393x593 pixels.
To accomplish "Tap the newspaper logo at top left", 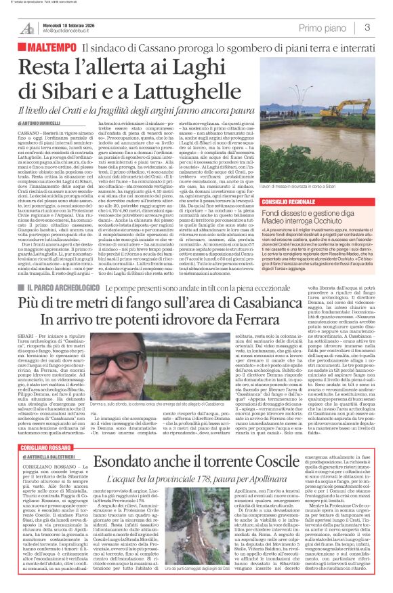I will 27,28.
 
